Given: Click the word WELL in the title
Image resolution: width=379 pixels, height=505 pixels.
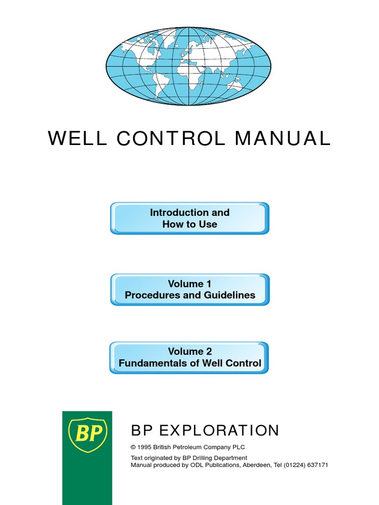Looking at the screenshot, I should click(x=77, y=139).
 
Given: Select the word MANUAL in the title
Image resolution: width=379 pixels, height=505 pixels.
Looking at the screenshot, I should click(x=282, y=139).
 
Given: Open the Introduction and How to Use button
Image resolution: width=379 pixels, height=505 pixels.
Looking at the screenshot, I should click(x=189, y=218).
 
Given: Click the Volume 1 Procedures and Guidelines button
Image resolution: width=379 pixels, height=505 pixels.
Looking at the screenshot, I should click(x=189, y=289).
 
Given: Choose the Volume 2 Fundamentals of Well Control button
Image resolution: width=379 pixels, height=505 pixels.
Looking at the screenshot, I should click(x=189, y=358).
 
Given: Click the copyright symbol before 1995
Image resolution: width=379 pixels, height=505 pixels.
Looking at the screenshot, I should click(x=133, y=447).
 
